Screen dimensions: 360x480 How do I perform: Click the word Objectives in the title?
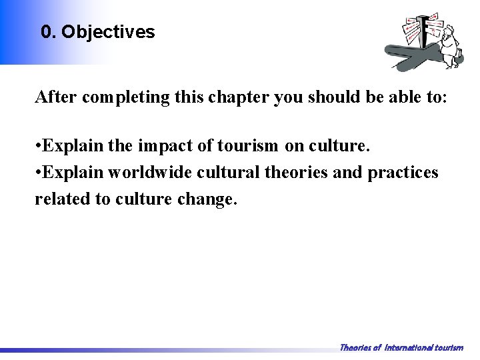click(x=108, y=32)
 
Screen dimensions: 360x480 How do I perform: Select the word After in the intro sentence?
click(x=55, y=97)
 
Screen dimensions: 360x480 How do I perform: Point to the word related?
click(x=62, y=198)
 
